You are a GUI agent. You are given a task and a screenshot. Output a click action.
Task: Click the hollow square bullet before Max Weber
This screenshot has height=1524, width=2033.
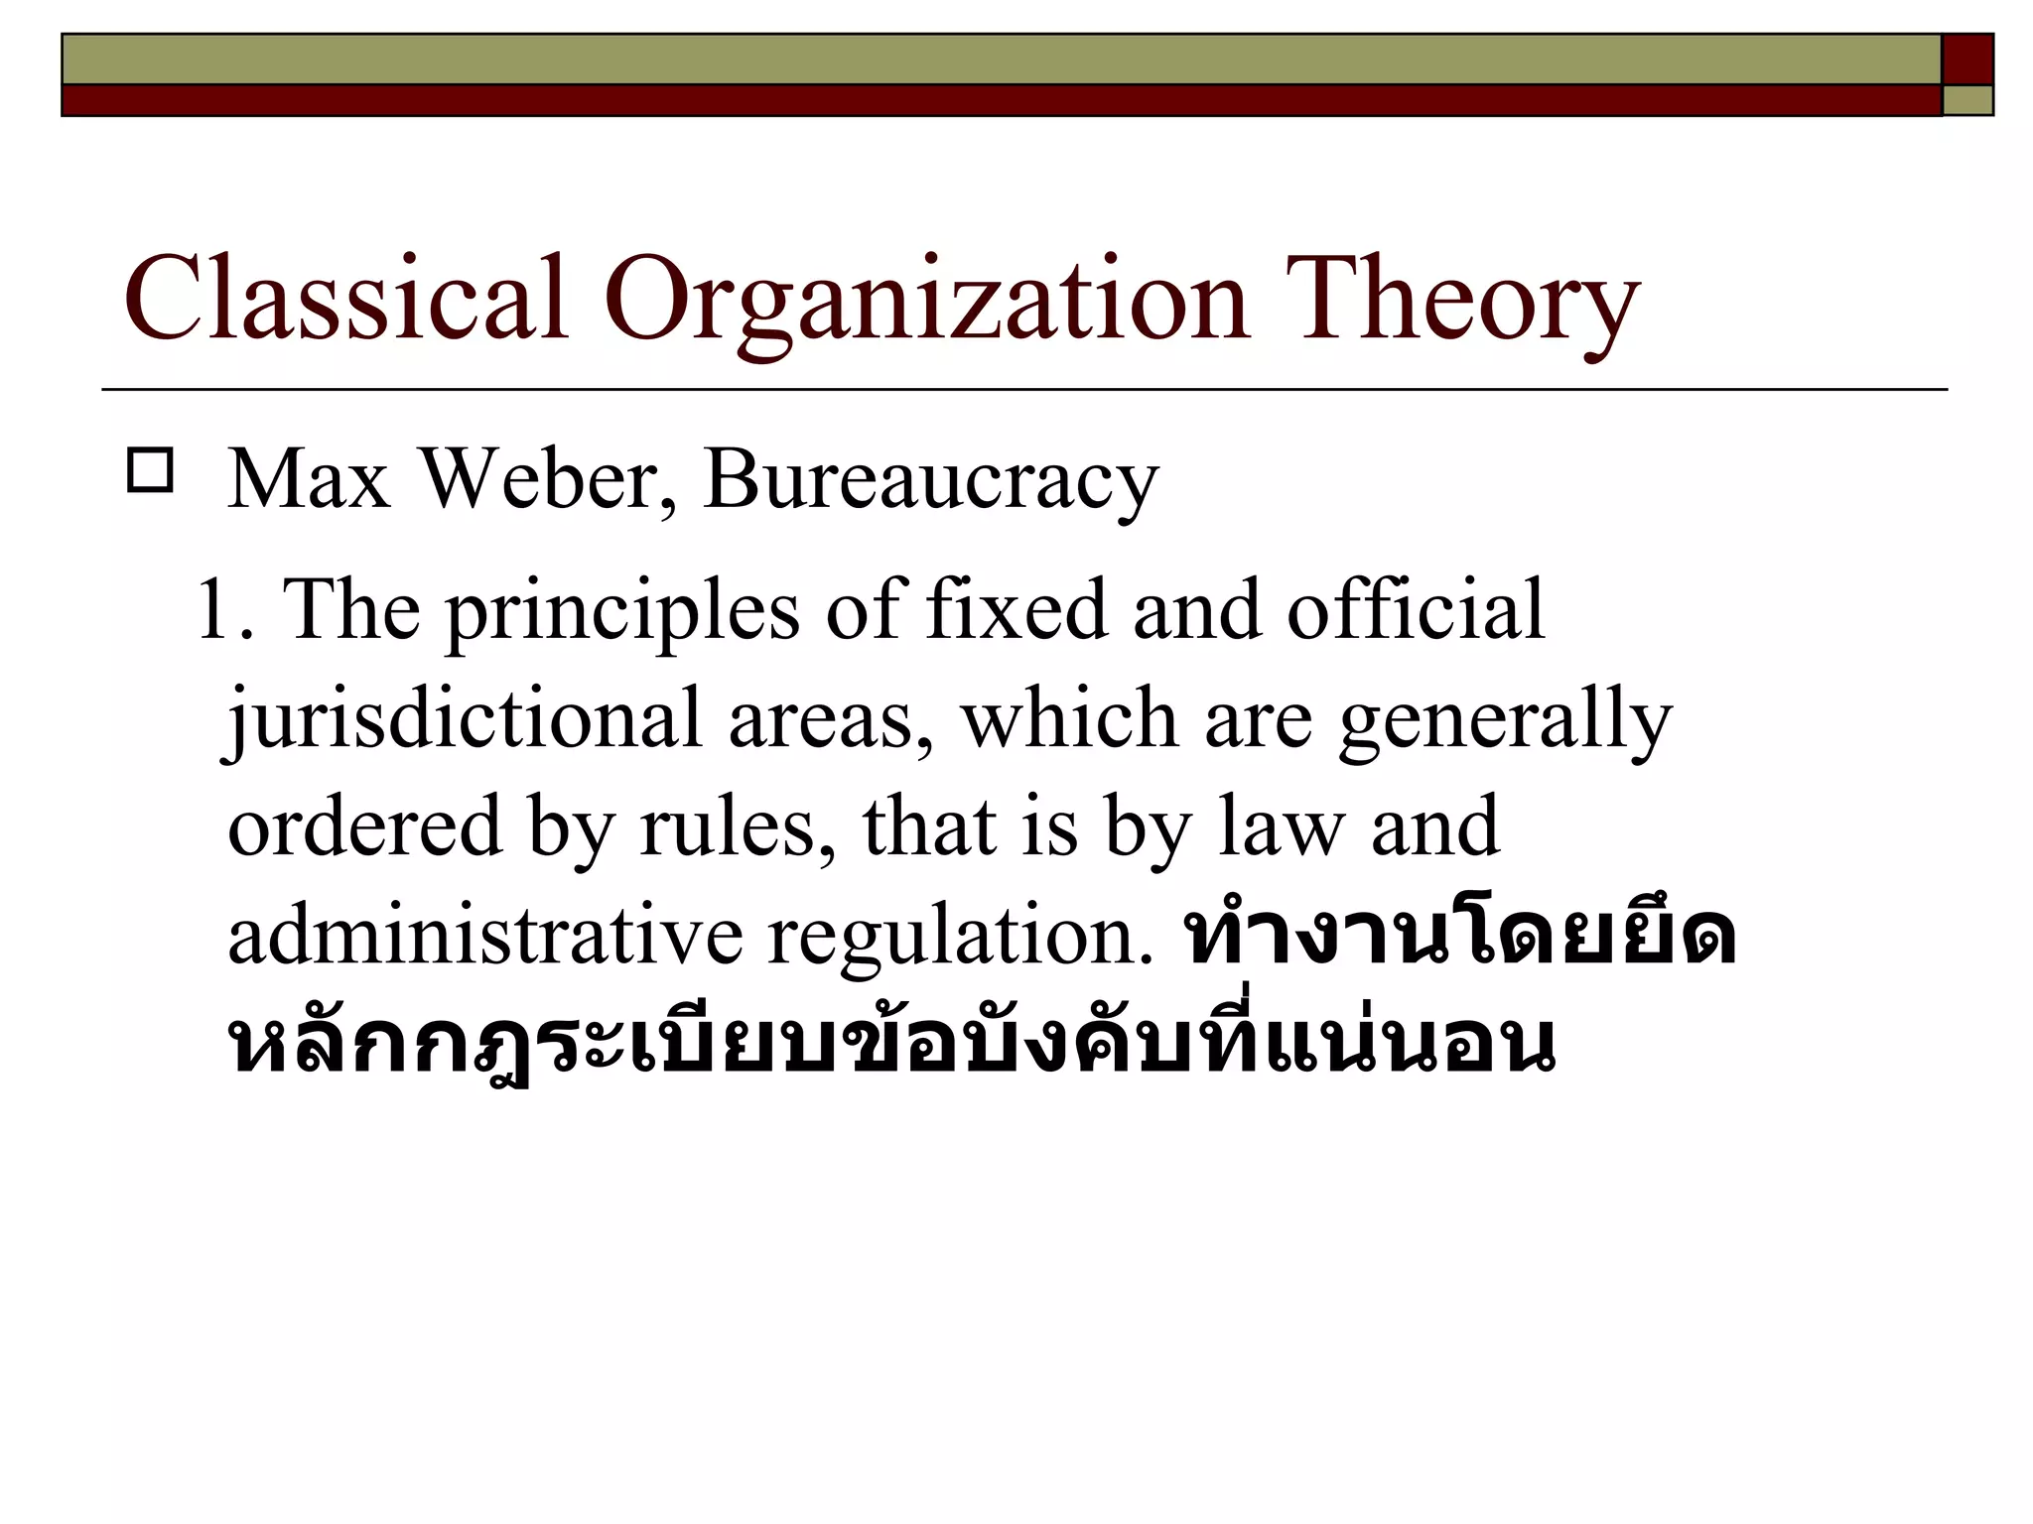(150, 470)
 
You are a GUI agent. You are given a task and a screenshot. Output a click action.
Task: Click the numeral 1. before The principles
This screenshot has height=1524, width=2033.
(225, 609)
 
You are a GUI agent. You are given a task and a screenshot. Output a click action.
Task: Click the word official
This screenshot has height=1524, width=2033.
(1416, 609)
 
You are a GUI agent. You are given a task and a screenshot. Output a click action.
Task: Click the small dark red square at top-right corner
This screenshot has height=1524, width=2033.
(1967, 60)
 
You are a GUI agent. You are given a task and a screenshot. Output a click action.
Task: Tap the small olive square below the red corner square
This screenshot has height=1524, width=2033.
(1967, 100)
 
